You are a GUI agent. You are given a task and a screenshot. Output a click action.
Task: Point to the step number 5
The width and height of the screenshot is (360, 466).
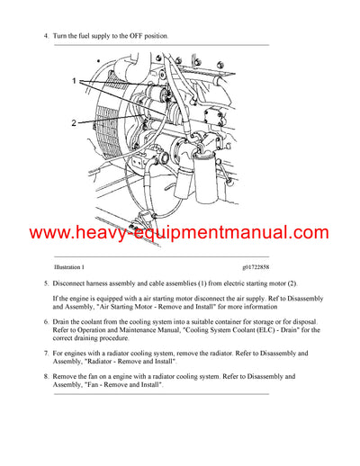46,284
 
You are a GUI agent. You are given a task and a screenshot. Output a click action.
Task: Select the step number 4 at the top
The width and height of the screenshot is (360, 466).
46,35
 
